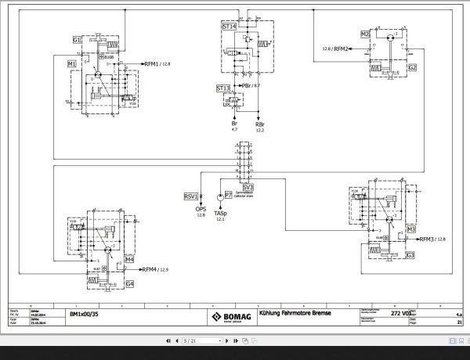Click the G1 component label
pos(77,38)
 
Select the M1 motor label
pos(71,63)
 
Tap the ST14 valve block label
pos(230,27)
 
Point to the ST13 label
pos(223,88)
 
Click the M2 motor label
pos(365,34)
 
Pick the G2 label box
pos(411,68)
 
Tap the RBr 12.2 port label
pos(260,128)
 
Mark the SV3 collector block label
pos(248,187)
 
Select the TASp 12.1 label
pos(221,216)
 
